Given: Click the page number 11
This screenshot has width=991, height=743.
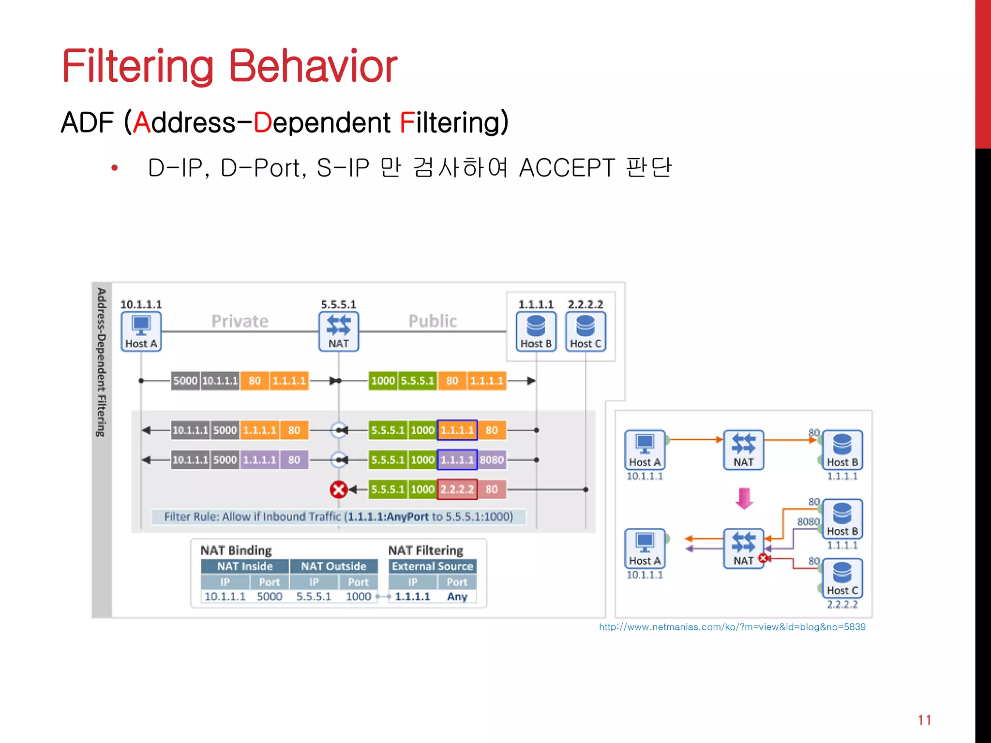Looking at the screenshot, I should [924, 720].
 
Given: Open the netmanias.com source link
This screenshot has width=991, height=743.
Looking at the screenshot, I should [732, 627].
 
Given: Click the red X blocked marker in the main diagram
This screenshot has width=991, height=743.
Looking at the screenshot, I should [338, 490].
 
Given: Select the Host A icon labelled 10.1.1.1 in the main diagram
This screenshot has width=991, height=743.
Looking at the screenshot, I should [141, 331].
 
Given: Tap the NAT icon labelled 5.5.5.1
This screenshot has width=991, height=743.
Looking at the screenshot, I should [338, 331].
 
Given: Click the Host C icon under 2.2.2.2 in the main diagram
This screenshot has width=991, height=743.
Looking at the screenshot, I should [585, 331].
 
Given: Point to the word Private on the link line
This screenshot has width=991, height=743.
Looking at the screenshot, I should [240, 321].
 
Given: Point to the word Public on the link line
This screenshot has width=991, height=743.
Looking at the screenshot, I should [432, 321].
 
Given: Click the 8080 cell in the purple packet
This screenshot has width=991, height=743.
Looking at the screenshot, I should [492, 460].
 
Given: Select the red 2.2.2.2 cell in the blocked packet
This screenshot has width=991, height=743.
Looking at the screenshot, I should [457, 490].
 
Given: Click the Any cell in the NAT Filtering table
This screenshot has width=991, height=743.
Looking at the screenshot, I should [457, 596].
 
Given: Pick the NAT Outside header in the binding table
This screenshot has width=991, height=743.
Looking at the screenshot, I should [333, 566].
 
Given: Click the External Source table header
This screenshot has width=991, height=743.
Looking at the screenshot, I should [432, 566].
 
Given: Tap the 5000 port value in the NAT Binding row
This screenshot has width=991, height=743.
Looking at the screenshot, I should [269, 596].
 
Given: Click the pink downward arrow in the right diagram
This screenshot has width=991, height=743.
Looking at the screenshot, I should [744, 498].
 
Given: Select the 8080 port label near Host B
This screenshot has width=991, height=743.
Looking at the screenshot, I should [808, 521].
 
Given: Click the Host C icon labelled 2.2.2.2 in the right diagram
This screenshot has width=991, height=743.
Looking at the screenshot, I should [842, 578].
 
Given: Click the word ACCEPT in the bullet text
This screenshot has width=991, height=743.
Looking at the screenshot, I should [567, 168].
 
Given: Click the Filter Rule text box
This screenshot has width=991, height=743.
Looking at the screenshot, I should [338, 517].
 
